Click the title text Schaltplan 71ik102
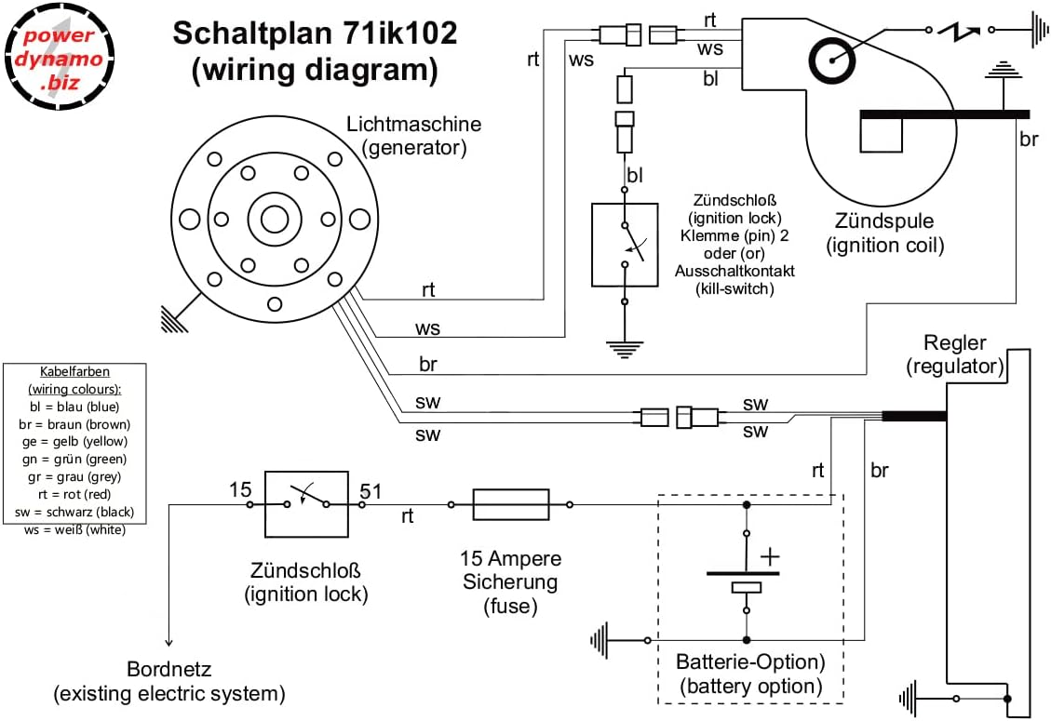(x=315, y=34)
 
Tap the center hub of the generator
(x=275, y=220)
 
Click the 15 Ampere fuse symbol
(x=510, y=505)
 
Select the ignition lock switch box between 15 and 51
(x=306, y=503)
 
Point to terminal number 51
(x=371, y=489)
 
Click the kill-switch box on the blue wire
(x=625, y=245)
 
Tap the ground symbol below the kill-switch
(x=625, y=350)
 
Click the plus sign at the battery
(x=770, y=556)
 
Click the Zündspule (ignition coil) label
(x=885, y=234)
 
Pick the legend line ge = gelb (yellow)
(x=74, y=441)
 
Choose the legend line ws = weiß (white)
(x=74, y=529)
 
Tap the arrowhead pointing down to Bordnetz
(x=168, y=641)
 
